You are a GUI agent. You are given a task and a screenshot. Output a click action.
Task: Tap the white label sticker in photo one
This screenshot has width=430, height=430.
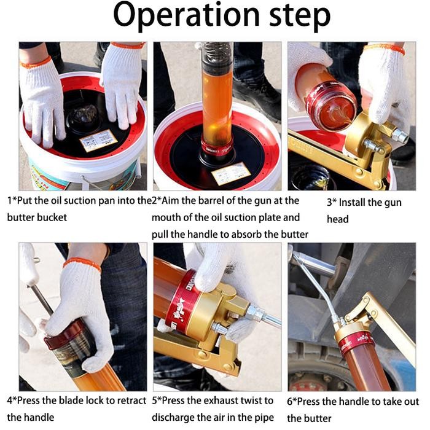98,141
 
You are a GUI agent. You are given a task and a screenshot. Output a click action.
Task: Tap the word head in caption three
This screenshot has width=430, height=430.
338,219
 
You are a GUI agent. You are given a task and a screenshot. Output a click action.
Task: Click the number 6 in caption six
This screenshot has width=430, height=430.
291,402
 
